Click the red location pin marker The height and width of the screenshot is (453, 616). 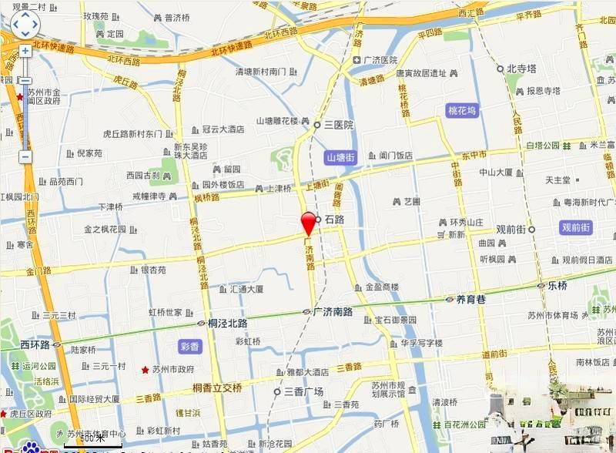pyautogui.click(x=309, y=222)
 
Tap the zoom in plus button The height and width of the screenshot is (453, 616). pyautogui.click(x=25, y=51)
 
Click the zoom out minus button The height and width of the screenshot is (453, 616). pyautogui.click(x=25, y=156)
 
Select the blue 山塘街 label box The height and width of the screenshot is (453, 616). pyautogui.click(x=340, y=157)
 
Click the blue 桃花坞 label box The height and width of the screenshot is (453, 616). pyautogui.click(x=462, y=111)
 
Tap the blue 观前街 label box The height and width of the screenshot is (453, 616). pyautogui.click(x=575, y=228)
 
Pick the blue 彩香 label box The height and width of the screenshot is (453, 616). pyautogui.click(x=189, y=347)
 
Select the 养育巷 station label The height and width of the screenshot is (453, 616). pyautogui.click(x=470, y=299)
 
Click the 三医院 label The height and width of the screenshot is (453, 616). pyautogui.click(x=338, y=125)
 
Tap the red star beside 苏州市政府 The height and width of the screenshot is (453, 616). pyautogui.click(x=144, y=370)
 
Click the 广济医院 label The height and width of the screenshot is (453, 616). pyautogui.click(x=380, y=60)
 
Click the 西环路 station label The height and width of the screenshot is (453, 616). pyautogui.click(x=35, y=344)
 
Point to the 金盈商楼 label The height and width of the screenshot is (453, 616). pyautogui.click(x=382, y=287)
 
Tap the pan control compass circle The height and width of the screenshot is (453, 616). pyautogui.click(x=24, y=24)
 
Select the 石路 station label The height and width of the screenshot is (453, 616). pyautogui.click(x=333, y=220)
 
